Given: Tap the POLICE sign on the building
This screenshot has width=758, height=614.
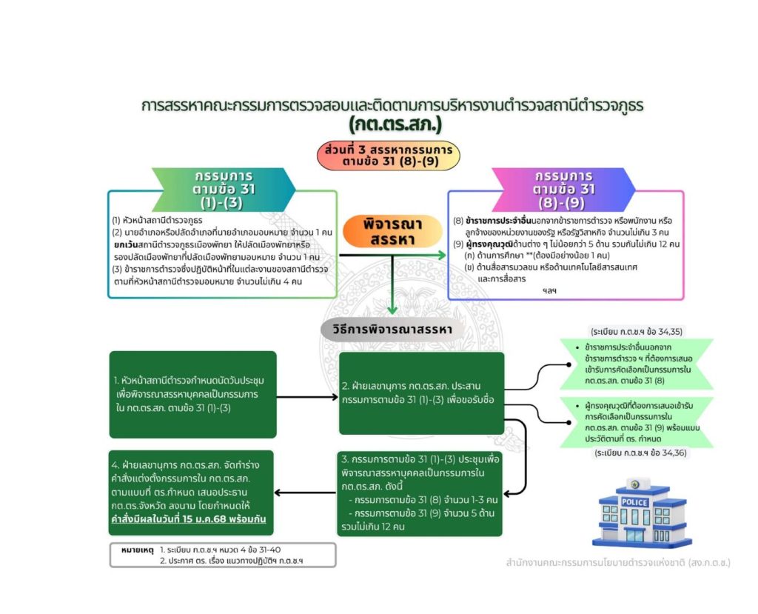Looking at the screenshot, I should [x=634, y=502].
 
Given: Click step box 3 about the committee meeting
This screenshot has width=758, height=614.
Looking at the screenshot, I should [x=420, y=493].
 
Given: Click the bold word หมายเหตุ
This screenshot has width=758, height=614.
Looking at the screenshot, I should [x=137, y=550].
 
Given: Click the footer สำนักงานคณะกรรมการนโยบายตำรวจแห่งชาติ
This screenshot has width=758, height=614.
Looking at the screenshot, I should [x=615, y=563].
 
